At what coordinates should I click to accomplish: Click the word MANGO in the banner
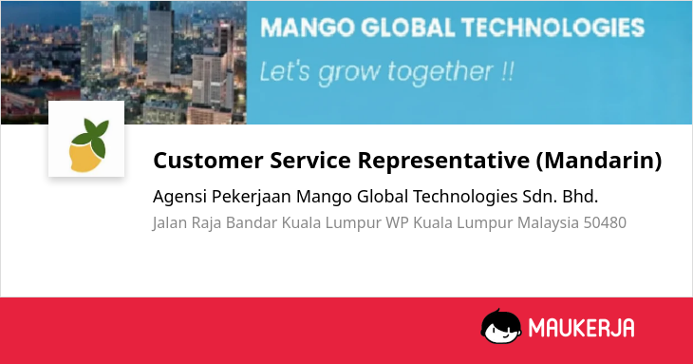point(308,28)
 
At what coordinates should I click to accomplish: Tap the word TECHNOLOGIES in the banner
point(553,28)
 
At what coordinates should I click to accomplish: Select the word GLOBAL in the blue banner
point(408,28)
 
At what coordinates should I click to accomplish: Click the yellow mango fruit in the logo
point(85,157)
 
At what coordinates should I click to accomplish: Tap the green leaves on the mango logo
point(91,136)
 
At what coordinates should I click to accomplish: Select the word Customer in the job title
point(208,160)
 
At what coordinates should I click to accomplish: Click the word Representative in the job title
point(443,160)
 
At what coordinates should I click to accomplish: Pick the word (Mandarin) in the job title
point(599,160)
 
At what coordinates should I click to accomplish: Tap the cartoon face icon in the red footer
point(500,326)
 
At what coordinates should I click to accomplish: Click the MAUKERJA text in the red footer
point(581,328)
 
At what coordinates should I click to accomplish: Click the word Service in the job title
point(310,160)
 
